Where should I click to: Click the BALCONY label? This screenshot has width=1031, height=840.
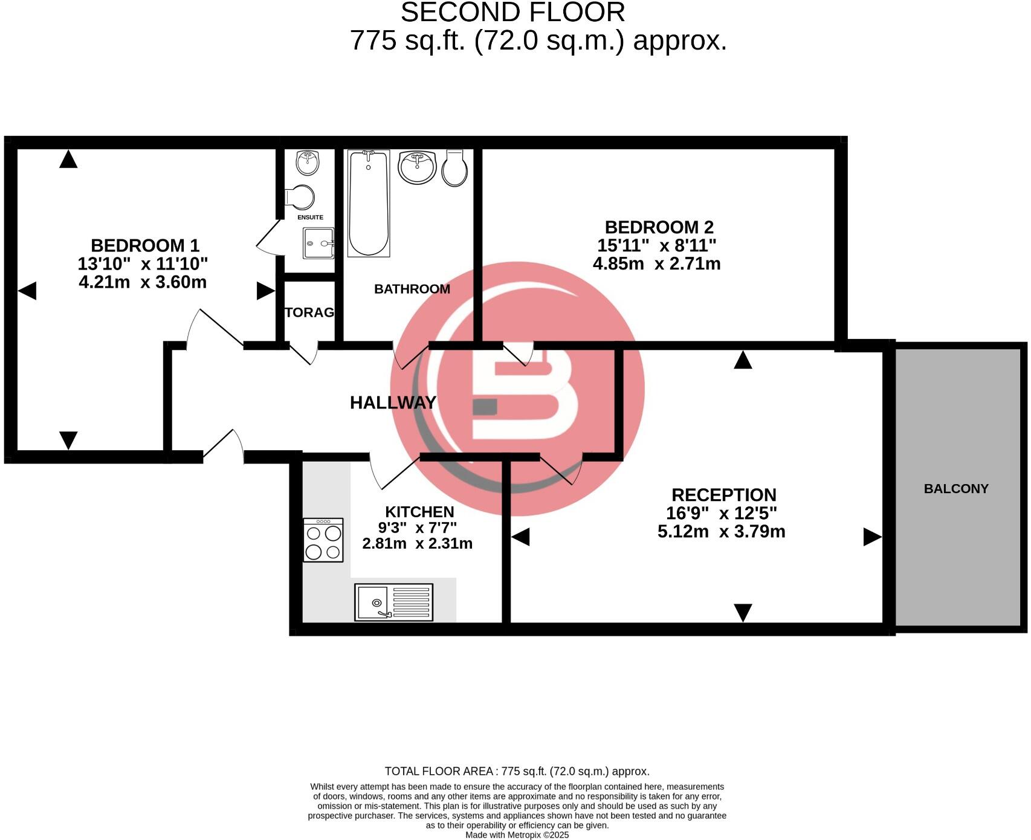pos(955,488)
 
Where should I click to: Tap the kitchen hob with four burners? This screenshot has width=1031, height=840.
pos(323,540)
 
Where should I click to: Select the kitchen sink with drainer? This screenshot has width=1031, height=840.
pos(393,602)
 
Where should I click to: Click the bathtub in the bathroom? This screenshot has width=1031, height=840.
pos(368,203)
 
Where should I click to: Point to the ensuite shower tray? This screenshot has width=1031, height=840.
pos(318,243)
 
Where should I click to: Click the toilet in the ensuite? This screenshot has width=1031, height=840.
pos(300,197)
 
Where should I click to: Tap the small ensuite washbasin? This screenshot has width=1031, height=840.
pos(308,162)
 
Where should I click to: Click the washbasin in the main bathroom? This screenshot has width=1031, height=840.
pos(417,166)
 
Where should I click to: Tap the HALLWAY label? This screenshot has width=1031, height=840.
pos(393,402)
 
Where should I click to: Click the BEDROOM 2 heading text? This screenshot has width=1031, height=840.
pos(659,227)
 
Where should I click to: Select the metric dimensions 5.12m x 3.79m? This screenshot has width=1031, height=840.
pos(721,531)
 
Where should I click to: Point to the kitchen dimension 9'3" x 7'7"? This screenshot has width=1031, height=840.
pos(417,528)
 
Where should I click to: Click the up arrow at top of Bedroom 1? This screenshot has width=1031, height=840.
pos(68,160)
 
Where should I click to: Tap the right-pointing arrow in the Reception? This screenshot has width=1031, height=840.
pos(871,537)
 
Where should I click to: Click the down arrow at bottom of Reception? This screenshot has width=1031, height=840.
pos(742,612)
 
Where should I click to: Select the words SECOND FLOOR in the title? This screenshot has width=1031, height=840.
pos(512,13)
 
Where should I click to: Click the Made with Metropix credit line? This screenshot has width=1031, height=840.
pos(517,835)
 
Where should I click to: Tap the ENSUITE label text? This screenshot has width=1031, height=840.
pos(310,217)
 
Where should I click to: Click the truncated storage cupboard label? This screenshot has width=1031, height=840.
pos(309,312)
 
